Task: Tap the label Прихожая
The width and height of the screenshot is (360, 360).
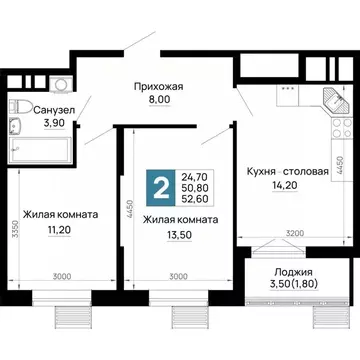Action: click(159, 86)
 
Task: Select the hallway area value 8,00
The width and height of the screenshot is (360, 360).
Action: click(159, 99)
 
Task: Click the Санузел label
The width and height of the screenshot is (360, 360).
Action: click(41, 108)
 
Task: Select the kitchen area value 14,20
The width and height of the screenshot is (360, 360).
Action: click(287, 185)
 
